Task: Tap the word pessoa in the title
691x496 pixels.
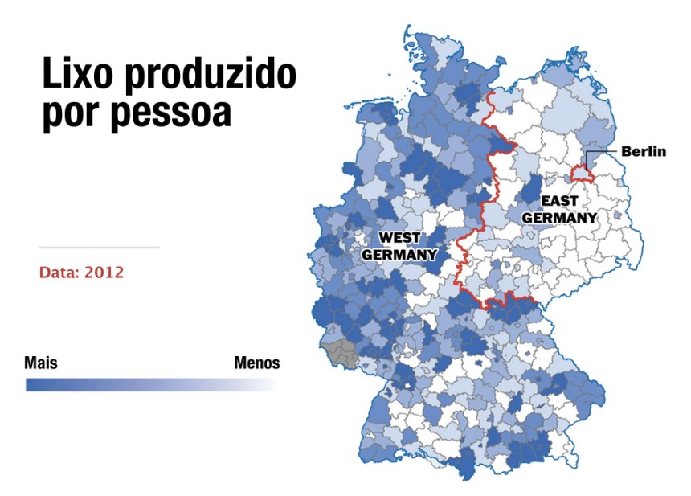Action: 171,113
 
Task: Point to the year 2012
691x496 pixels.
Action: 104,273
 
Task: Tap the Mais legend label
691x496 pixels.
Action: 41,363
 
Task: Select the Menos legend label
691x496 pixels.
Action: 257,363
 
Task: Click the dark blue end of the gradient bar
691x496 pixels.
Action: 32,385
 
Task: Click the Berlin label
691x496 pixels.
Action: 643,151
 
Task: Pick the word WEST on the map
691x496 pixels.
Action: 399,238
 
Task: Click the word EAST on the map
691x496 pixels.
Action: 559,201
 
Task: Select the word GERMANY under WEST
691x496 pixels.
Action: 399,255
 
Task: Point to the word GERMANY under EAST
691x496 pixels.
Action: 559,217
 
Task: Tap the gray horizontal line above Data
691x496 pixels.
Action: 99,248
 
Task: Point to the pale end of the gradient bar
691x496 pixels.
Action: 273,385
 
